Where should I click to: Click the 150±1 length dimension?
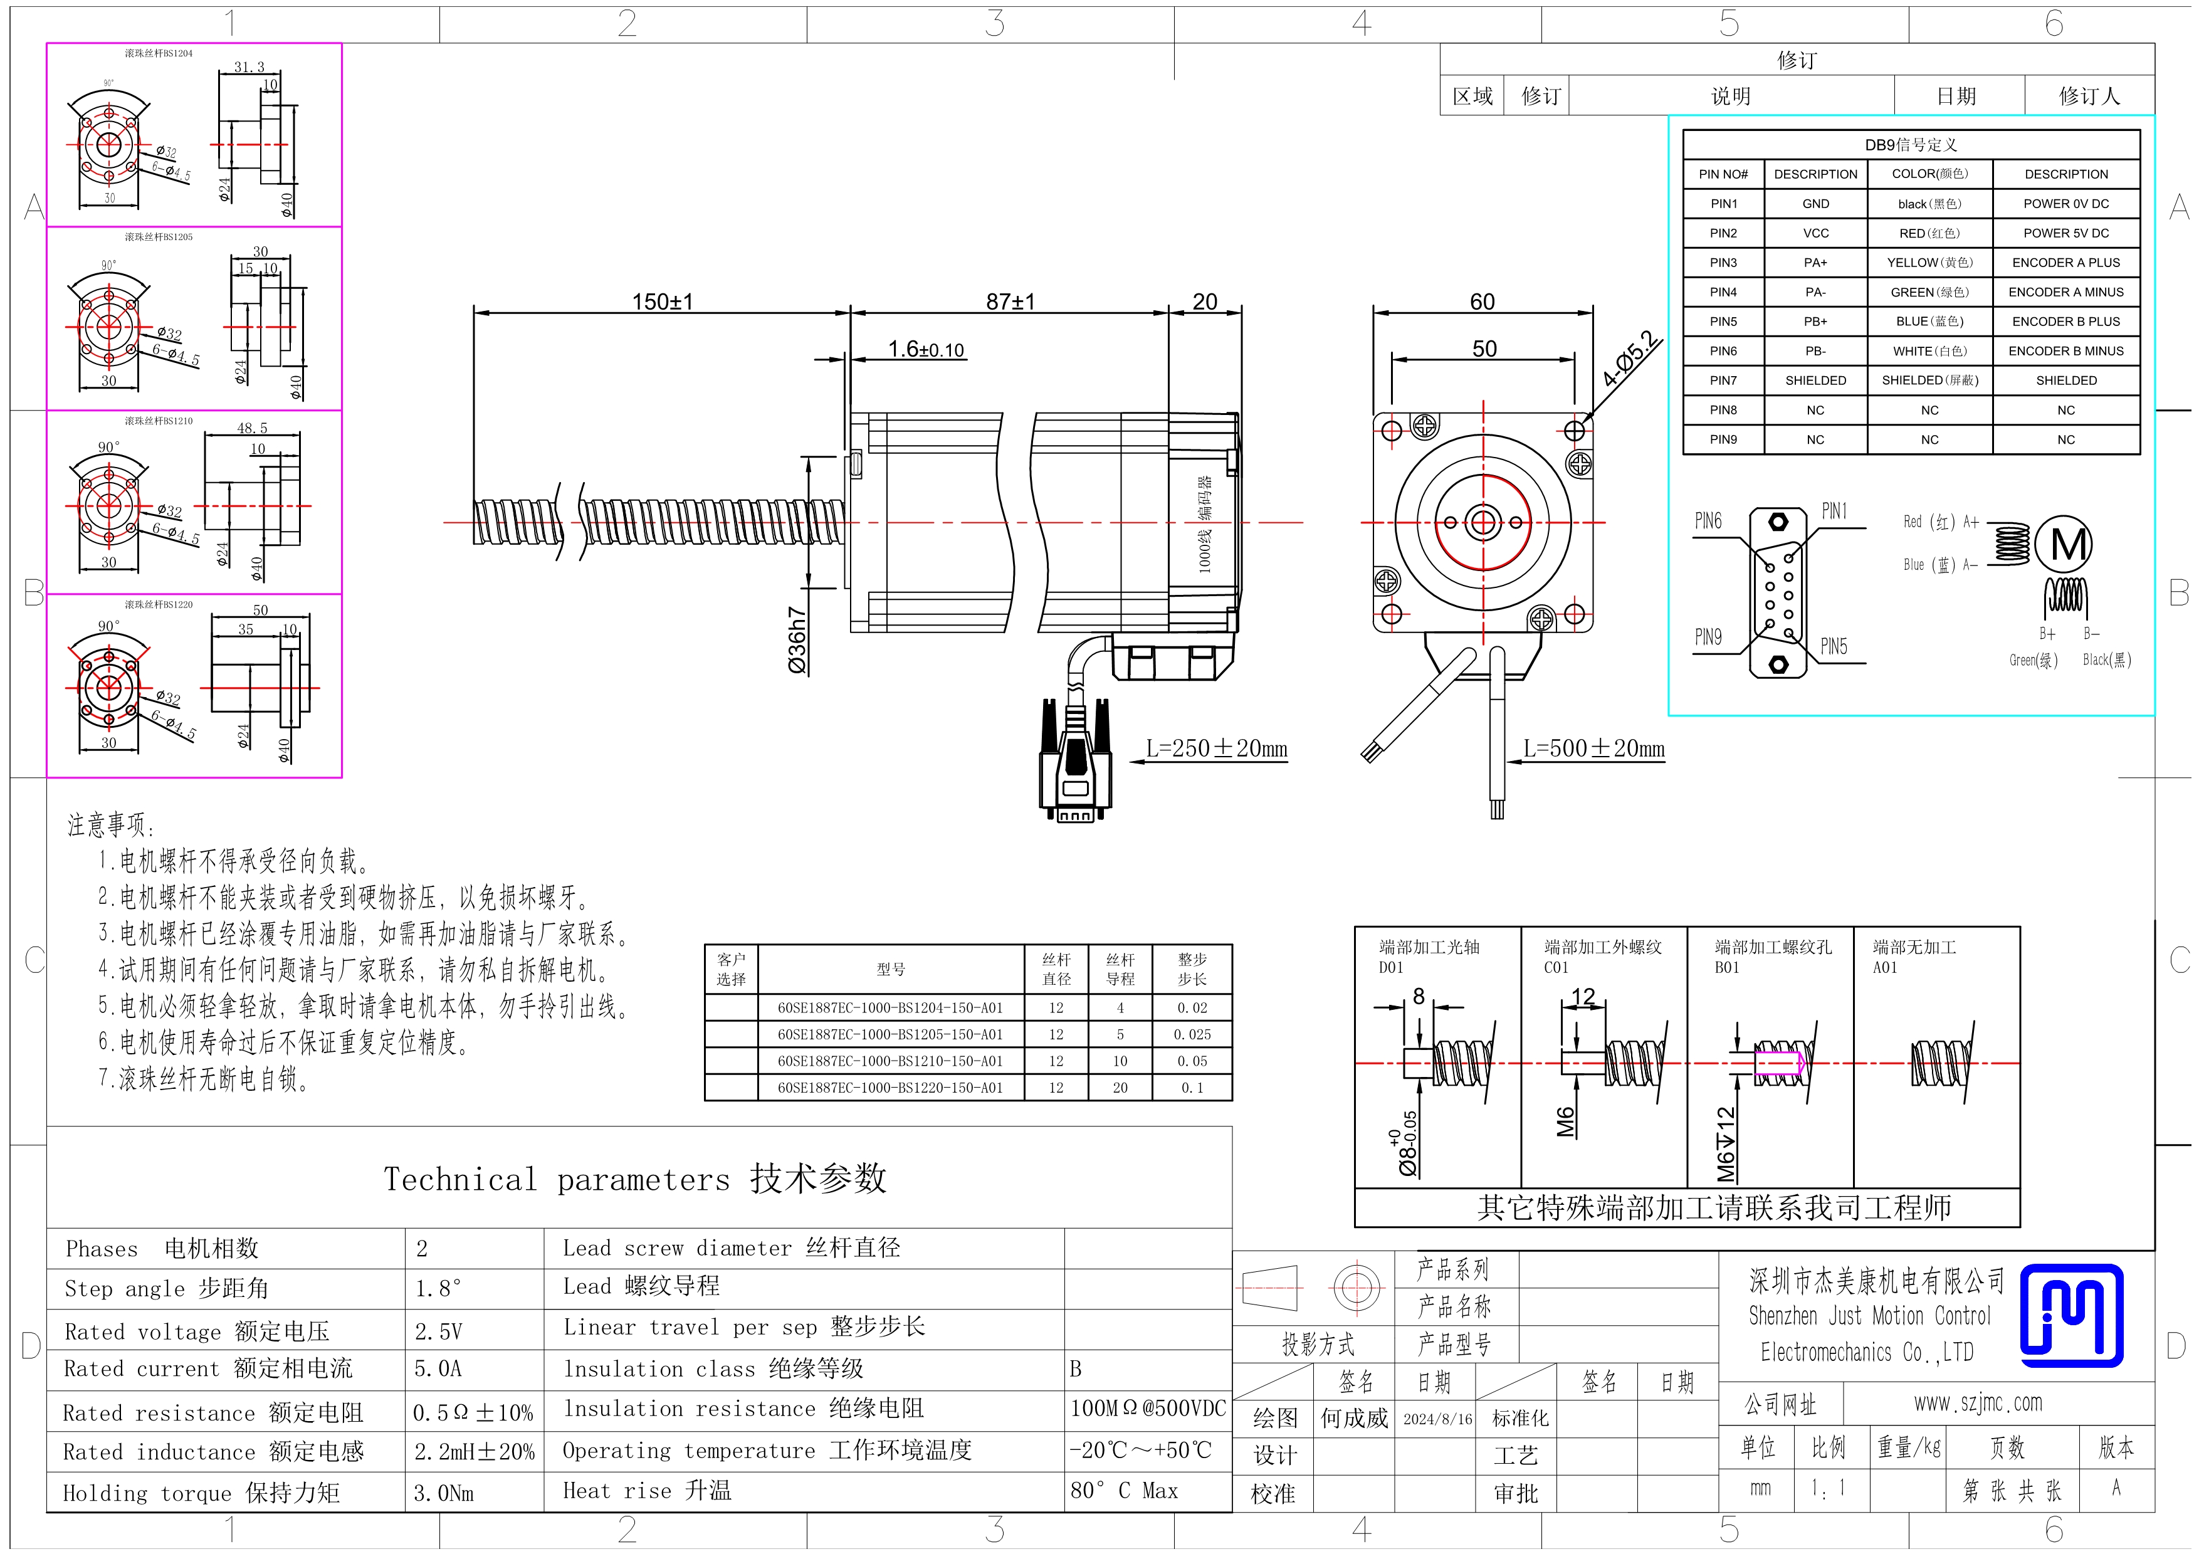click(x=662, y=302)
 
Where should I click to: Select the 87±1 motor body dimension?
click(x=1010, y=302)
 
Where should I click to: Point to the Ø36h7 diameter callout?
click(x=797, y=639)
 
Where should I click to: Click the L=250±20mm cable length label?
click(x=1216, y=748)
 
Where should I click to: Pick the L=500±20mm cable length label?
click(x=1593, y=748)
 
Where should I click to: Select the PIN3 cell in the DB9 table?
click(x=1723, y=263)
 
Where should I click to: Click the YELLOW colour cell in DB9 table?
click(x=1929, y=263)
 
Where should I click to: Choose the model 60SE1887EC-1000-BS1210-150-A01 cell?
click(x=890, y=1061)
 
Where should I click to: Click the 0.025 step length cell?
click(x=1192, y=1034)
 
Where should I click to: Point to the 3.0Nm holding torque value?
click(x=443, y=1493)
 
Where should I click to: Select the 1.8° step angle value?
click(x=438, y=1289)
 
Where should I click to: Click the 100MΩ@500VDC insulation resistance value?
click(x=1147, y=1409)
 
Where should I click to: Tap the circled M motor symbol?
click(x=2063, y=545)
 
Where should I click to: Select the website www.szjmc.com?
click(x=1978, y=1404)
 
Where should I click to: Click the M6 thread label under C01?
click(x=1566, y=1121)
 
